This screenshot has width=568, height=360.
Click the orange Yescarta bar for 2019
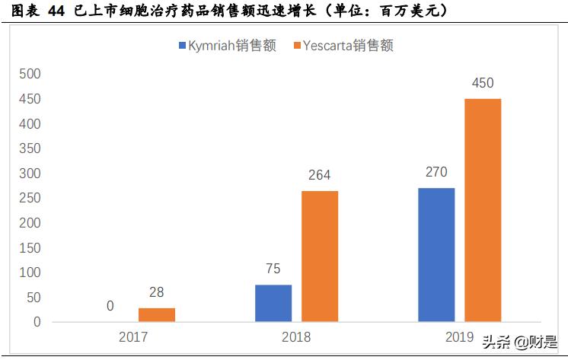(x=483, y=210)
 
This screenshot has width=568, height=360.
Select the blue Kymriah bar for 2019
(x=436, y=255)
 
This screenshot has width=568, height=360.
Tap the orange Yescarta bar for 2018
(x=320, y=256)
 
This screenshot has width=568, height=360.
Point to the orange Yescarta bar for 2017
(x=157, y=315)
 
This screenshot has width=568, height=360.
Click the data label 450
(x=483, y=82)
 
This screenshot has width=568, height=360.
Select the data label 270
(x=436, y=172)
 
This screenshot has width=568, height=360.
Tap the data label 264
(x=320, y=175)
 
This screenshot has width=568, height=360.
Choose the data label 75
(x=273, y=269)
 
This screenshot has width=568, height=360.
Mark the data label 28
(x=157, y=292)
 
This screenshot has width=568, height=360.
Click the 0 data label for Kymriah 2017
(x=110, y=306)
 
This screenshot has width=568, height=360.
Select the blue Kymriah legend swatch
(x=183, y=46)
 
